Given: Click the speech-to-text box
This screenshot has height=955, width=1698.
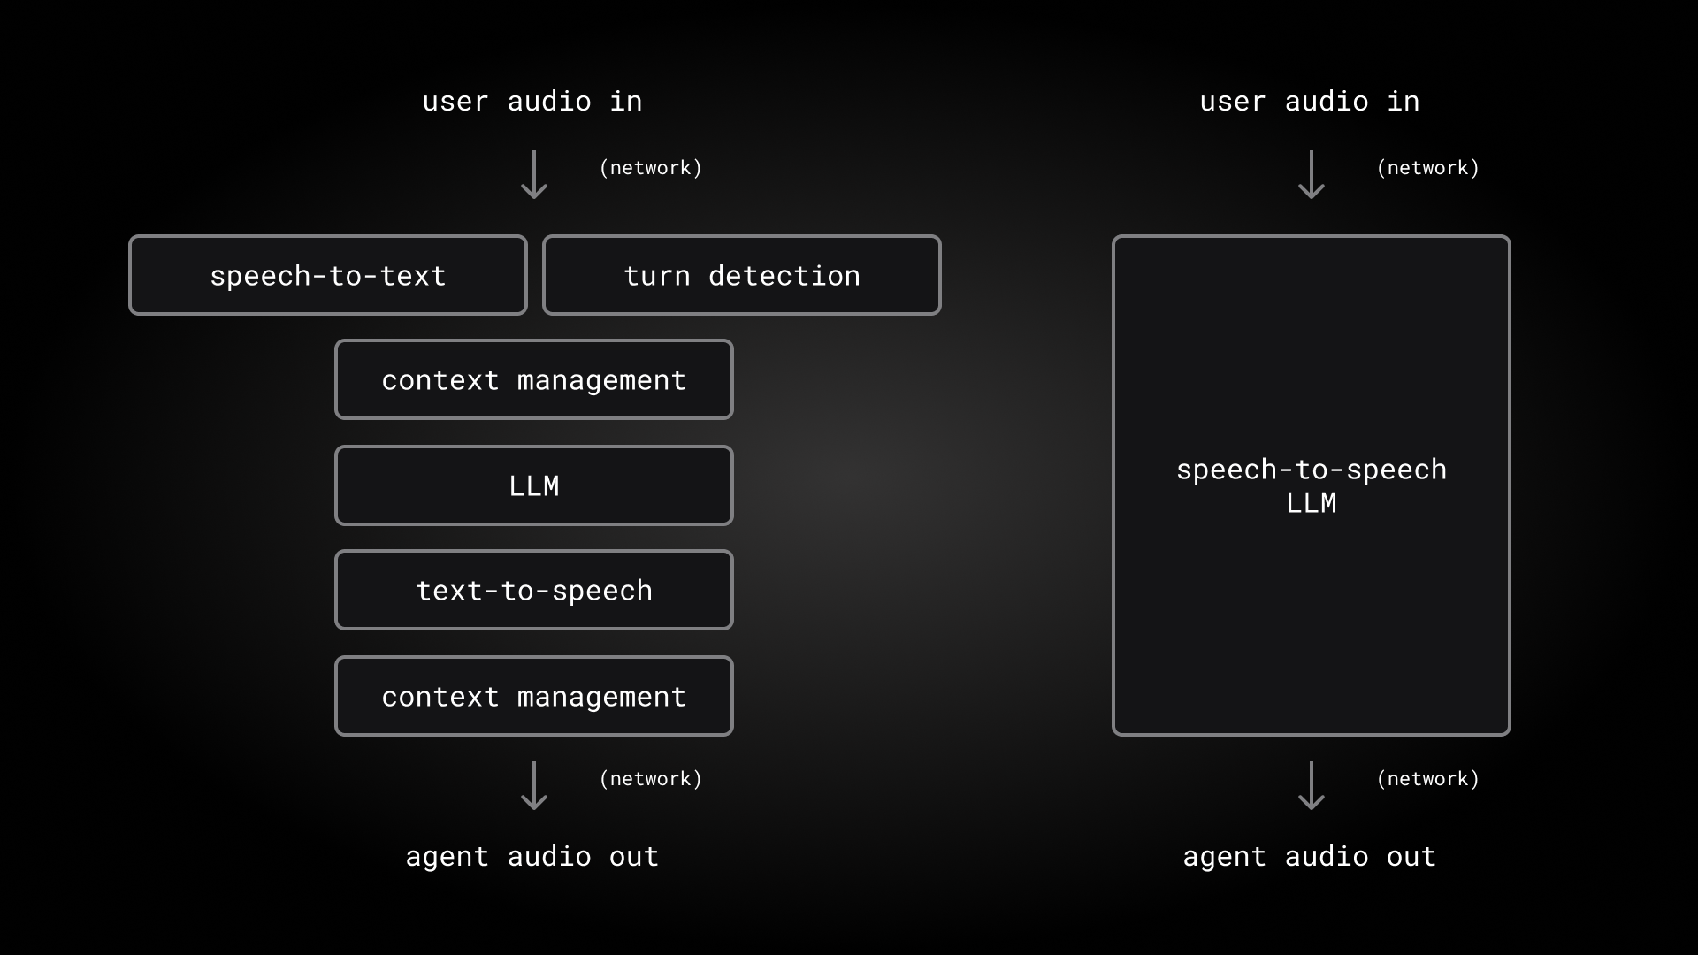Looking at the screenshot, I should [x=328, y=275].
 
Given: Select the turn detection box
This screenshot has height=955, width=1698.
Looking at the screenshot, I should [x=741, y=275].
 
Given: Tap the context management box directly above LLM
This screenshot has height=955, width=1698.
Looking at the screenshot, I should [x=533, y=379].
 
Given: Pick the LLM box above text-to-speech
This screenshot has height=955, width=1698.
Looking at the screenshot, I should [x=533, y=485].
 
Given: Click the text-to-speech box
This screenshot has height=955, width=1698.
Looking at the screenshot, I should [x=533, y=590].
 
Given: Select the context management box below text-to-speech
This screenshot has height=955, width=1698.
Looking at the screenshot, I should [x=533, y=696].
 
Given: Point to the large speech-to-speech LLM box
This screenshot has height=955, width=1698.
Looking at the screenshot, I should [x=1311, y=485].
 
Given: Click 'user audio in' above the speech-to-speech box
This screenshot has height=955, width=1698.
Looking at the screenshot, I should [x=1309, y=102].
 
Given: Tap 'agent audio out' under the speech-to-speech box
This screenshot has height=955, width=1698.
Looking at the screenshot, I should [x=1309, y=856].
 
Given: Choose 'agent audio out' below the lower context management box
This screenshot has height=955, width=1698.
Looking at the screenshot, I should [x=532, y=856].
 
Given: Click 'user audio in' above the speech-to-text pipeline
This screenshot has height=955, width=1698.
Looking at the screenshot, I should [x=532, y=102].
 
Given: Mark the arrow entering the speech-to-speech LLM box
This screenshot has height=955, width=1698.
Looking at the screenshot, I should [x=1311, y=174].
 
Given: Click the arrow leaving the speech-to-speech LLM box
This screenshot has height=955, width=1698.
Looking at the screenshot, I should [x=1311, y=785].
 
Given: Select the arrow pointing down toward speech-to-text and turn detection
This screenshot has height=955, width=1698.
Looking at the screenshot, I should [x=533, y=174].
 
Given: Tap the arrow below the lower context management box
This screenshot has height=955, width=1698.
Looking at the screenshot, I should [x=533, y=785].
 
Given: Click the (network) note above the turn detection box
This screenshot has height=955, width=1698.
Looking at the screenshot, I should [x=650, y=168].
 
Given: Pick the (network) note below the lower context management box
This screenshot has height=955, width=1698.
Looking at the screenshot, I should [x=650, y=779].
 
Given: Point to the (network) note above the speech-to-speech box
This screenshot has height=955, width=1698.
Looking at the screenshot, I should [x=1427, y=168].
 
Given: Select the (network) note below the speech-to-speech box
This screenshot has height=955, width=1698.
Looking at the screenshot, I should [x=1427, y=779].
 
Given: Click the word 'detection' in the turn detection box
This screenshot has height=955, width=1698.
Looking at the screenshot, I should [x=784, y=276].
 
